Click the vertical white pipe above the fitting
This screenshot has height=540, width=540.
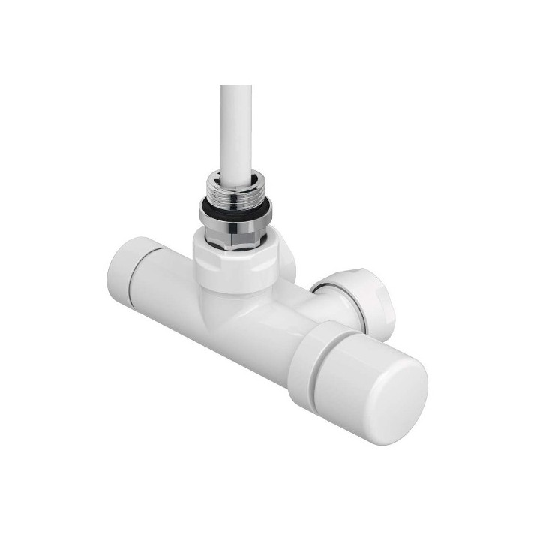[x=236, y=127]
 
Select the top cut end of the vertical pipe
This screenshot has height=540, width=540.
[x=236, y=88]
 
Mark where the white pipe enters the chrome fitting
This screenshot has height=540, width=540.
[x=235, y=178]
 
